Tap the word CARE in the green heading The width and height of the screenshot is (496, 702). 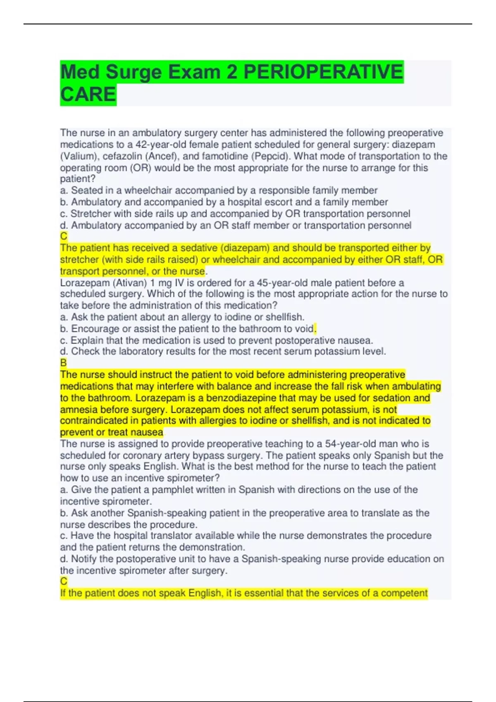(x=88, y=95)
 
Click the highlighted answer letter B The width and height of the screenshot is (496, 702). (x=63, y=363)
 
